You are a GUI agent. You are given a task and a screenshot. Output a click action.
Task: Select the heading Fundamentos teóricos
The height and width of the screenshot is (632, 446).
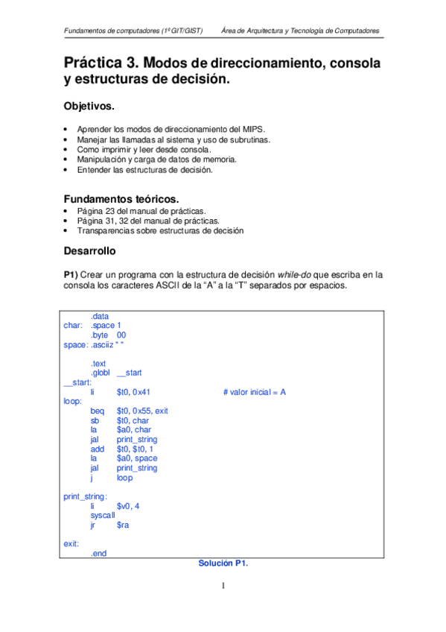click(121, 199)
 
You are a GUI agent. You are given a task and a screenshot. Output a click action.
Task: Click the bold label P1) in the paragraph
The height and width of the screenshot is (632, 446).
click(73, 274)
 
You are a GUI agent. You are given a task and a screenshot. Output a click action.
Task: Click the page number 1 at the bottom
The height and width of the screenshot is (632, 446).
click(223, 586)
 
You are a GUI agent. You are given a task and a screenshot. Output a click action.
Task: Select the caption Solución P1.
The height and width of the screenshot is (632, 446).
click(223, 563)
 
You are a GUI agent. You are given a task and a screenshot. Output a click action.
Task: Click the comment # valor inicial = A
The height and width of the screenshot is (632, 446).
click(255, 392)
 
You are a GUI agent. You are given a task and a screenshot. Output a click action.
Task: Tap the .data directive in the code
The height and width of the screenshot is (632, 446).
click(100, 316)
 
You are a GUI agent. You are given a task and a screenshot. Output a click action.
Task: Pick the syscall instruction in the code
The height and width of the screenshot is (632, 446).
click(103, 516)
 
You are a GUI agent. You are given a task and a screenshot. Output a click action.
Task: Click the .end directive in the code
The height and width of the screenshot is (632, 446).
click(99, 554)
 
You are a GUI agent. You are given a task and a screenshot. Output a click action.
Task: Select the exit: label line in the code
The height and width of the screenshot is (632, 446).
click(72, 544)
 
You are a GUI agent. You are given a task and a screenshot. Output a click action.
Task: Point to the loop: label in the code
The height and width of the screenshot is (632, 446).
click(74, 401)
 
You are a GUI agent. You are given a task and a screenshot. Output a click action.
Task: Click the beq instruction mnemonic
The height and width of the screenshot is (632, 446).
click(98, 411)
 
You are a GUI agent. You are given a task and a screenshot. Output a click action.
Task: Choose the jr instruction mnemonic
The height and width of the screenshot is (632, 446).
click(94, 525)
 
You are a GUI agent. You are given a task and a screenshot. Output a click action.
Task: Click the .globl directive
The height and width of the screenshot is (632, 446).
click(102, 373)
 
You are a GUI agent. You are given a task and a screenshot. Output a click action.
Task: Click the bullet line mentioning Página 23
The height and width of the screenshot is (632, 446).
click(141, 211)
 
